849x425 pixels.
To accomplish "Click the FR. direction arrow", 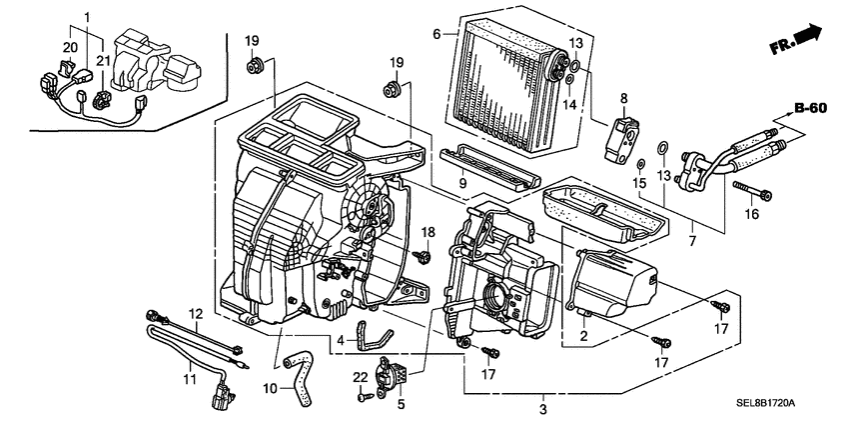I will coord(795,43).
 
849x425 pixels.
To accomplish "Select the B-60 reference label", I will coord(814,108).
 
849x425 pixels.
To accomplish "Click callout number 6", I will coord(436,33).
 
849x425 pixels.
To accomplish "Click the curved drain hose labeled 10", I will coord(300,371).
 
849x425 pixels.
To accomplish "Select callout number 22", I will coord(361,376).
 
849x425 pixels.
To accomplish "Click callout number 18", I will coord(426,232).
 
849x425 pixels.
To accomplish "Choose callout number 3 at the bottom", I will coord(542,410).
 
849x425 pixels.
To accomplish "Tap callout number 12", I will coord(196,313).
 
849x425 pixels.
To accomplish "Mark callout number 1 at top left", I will coord(86,17).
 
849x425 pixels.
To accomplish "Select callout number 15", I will coord(639,183).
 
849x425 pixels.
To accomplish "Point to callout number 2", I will coord(583,336).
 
